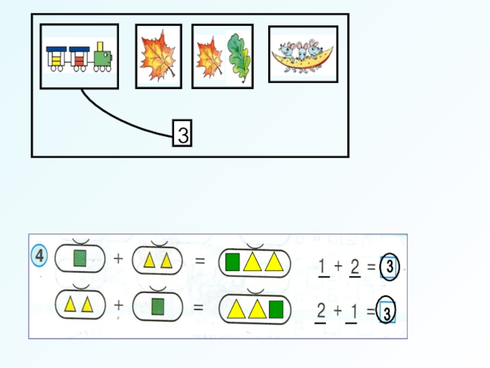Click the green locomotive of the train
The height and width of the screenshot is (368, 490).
click(103, 57)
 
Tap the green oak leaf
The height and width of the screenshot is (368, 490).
click(238, 58)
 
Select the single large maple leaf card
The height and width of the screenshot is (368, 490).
click(158, 57)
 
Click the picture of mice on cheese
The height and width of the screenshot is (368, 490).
click(303, 54)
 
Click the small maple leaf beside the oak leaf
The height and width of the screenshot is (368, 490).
click(209, 58)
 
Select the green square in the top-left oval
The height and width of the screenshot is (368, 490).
click(80, 259)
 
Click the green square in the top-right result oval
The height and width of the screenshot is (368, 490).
click(232, 262)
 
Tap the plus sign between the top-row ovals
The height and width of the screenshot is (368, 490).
click(118, 259)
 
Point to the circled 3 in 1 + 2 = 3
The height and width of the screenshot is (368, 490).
click(389, 267)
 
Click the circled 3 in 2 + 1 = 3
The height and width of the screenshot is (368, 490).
click(386, 313)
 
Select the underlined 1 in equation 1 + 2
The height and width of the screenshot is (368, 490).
click(323, 266)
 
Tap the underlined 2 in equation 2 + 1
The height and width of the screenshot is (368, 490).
click(321, 312)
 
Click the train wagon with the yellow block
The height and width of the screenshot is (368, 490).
click(56, 58)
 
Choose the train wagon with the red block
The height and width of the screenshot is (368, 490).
click(79, 58)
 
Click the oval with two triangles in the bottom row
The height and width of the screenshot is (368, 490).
click(80, 304)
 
